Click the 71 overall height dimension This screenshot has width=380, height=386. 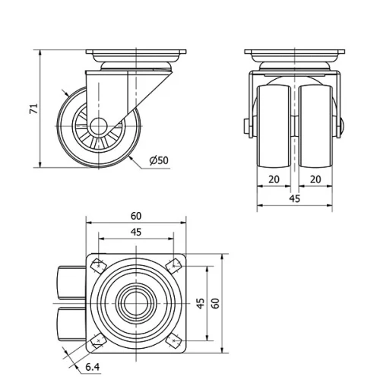click(33, 109)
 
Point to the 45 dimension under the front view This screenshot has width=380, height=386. click(295, 198)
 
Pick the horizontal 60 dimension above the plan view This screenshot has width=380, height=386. click(136, 217)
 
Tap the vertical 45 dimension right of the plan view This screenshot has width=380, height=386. click(200, 302)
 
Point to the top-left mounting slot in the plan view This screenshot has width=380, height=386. click(98, 265)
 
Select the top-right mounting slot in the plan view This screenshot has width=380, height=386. click(174, 265)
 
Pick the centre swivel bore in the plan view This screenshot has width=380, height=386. click(136, 302)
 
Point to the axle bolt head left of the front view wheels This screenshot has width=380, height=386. click(248, 128)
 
